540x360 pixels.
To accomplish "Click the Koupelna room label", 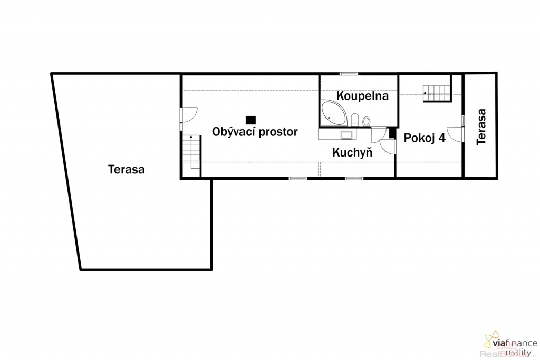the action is point(362,96).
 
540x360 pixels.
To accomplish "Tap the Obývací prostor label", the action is point(255,131).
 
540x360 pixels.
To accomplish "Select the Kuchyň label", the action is point(352,152).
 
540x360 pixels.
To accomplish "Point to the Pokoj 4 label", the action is point(425,138).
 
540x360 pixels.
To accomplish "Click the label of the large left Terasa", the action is point(126,169).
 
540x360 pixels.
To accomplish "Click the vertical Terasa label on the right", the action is point(481,127).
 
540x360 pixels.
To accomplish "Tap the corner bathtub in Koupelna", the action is point(333,113).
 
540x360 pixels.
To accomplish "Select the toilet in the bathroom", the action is point(355,120).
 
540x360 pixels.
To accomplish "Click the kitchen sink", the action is point(346,135).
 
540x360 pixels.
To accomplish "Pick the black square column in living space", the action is point(250,120).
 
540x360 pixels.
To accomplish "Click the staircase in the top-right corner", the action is point(437,93).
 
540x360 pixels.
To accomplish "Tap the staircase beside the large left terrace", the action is point(191,152).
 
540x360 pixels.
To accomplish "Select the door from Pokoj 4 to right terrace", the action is point(456,134).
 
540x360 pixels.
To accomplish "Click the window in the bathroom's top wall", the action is point(349,74).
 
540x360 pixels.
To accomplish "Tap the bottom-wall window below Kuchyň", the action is point(354,178).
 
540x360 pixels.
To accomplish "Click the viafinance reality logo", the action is point(510,344).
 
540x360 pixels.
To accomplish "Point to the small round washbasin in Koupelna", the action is point(366,121).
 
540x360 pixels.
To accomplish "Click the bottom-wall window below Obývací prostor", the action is point(298,178).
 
